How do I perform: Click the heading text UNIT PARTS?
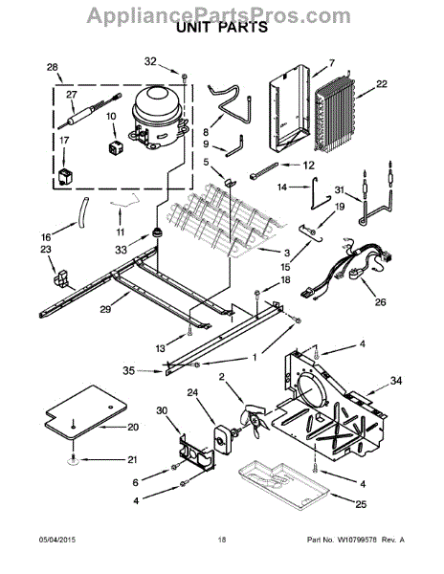pyautogui.click(x=221, y=29)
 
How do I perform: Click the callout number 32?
pyautogui.click(x=149, y=61)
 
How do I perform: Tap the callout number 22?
pyautogui.click(x=382, y=84)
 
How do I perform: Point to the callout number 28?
pyautogui.click(x=52, y=68)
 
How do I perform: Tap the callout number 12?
pyautogui.click(x=309, y=166)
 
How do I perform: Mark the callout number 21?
pyautogui.click(x=134, y=459)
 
